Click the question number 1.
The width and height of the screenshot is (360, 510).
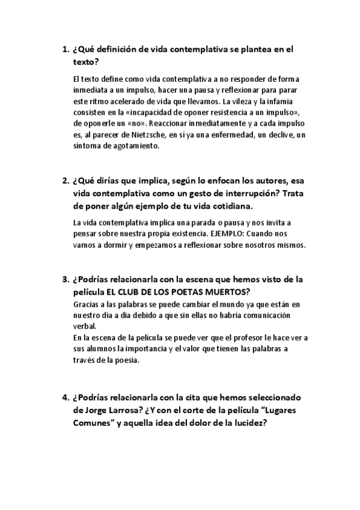pos(65,50)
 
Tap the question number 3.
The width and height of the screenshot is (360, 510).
pos(65,279)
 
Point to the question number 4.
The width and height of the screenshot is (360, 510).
pos(65,398)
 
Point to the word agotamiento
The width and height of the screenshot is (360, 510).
pos(135,146)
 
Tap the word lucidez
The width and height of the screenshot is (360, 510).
pos(248,423)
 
